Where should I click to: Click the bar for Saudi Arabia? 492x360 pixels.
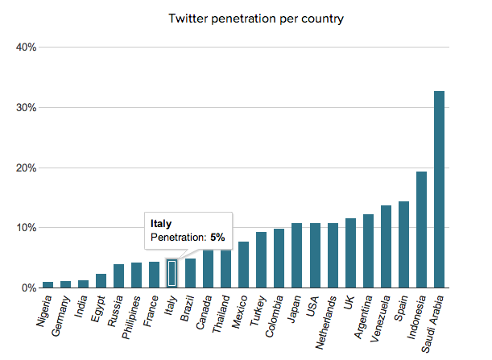pos(439,189)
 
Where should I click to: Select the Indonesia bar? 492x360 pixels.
pos(421,230)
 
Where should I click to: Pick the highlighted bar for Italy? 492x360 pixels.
pos(172,273)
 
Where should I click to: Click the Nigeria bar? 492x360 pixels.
pos(48,284)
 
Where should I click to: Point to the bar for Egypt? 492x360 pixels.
pos(101,280)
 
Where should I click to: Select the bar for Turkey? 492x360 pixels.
pos(261,259)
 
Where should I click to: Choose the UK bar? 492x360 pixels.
pos(350,253)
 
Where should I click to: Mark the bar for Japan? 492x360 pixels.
pos(296,255)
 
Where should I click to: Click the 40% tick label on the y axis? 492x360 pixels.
pos(27,48)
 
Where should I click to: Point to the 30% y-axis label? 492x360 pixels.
pos(27,108)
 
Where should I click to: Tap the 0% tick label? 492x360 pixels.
pos(29,288)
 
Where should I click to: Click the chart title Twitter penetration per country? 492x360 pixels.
pos(255,18)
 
